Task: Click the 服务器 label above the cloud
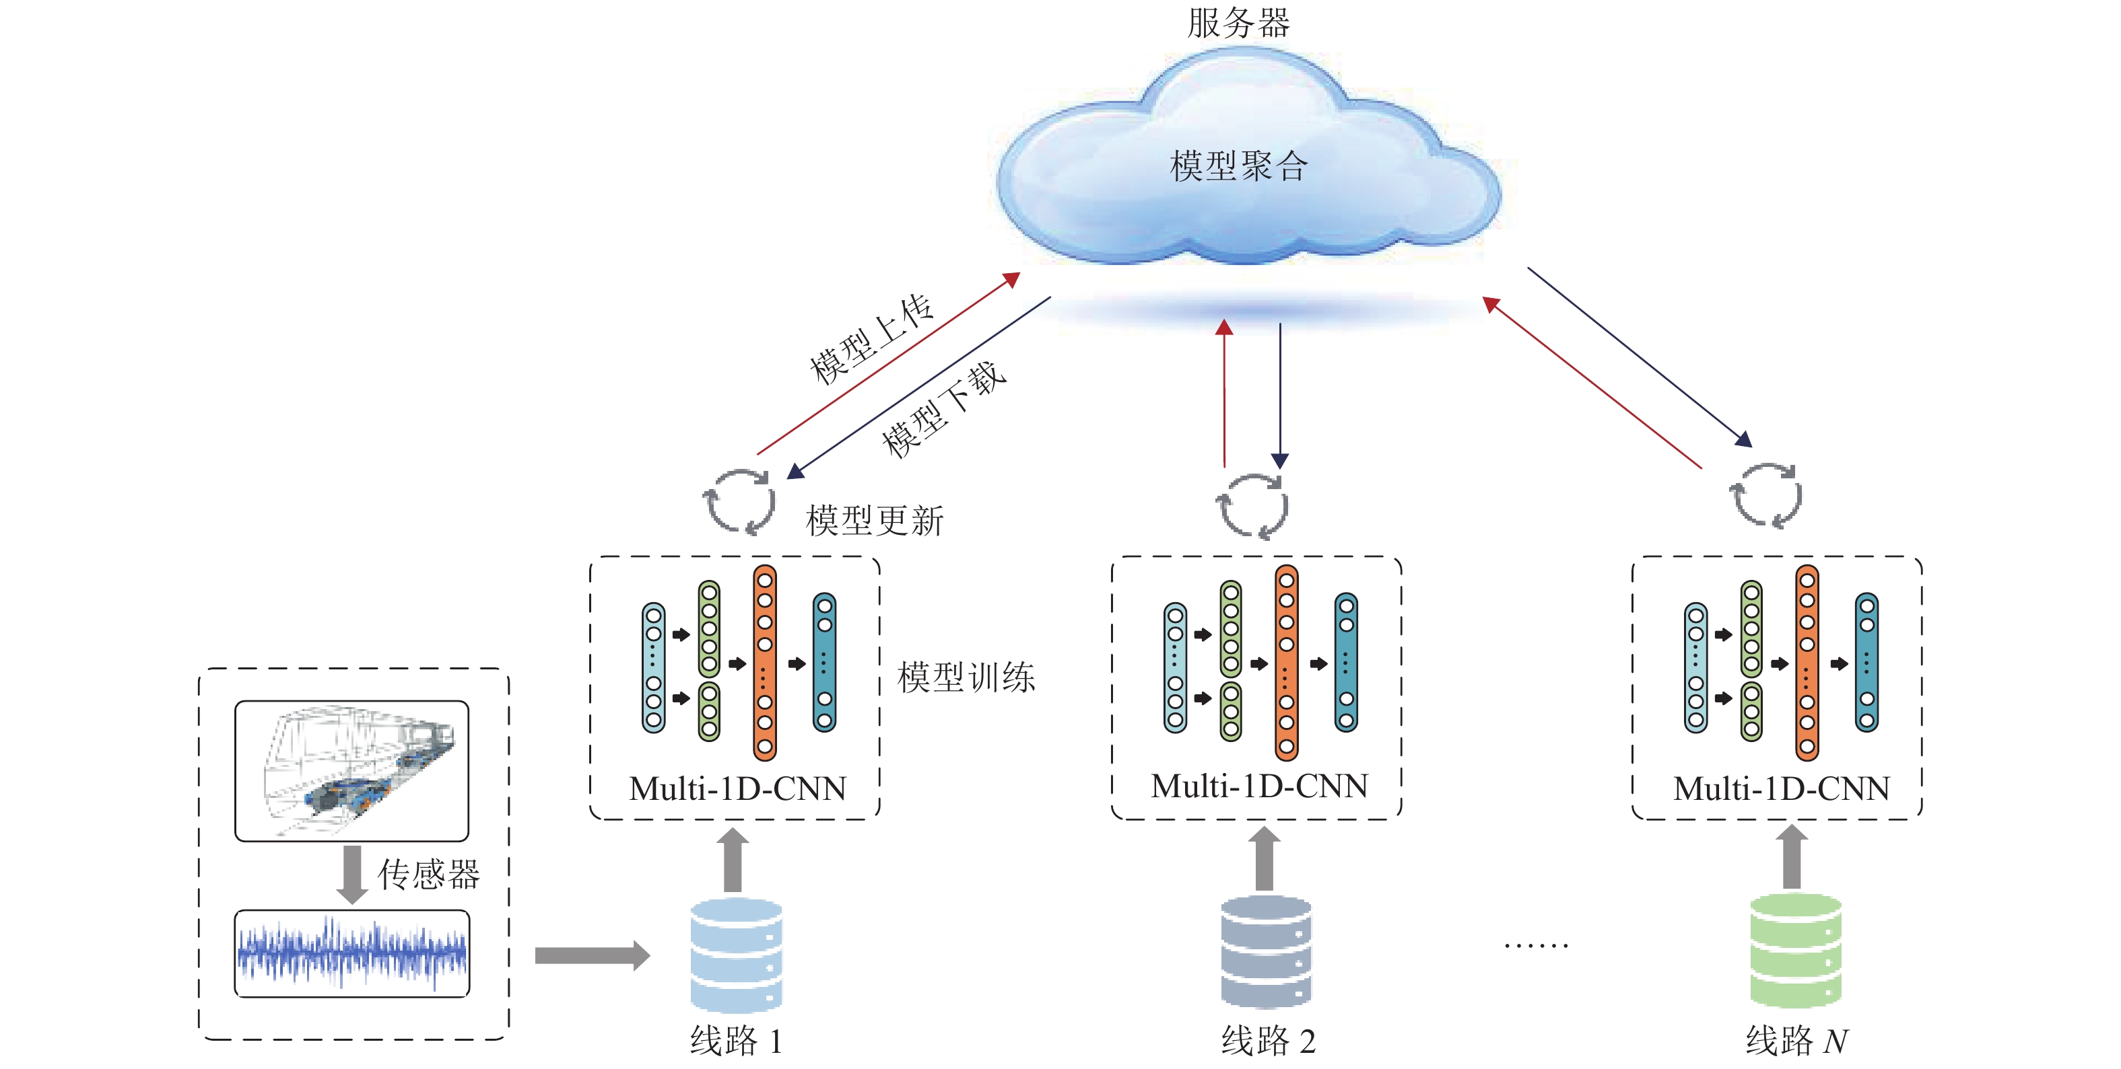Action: click(x=1238, y=23)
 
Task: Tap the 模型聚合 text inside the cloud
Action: click(x=1238, y=166)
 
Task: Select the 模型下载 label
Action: click(x=943, y=410)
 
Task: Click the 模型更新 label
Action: click(x=875, y=521)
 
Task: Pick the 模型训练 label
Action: click(x=966, y=677)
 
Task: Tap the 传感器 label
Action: click(x=429, y=874)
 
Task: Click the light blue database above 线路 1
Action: click(x=736, y=955)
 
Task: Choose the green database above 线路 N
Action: click(x=1795, y=951)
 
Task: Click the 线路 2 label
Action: click(x=1268, y=1041)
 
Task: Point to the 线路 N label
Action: click(x=1796, y=1041)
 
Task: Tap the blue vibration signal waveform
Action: click(x=351, y=954)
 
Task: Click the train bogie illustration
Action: click(x=351, y=770)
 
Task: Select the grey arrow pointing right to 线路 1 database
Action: click(x=592, y=955)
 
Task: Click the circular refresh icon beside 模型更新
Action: click(x=739, y=502)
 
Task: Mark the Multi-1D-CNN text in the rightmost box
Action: click(x=1781, y=788)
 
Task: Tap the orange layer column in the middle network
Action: click(x=1286, y=663)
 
